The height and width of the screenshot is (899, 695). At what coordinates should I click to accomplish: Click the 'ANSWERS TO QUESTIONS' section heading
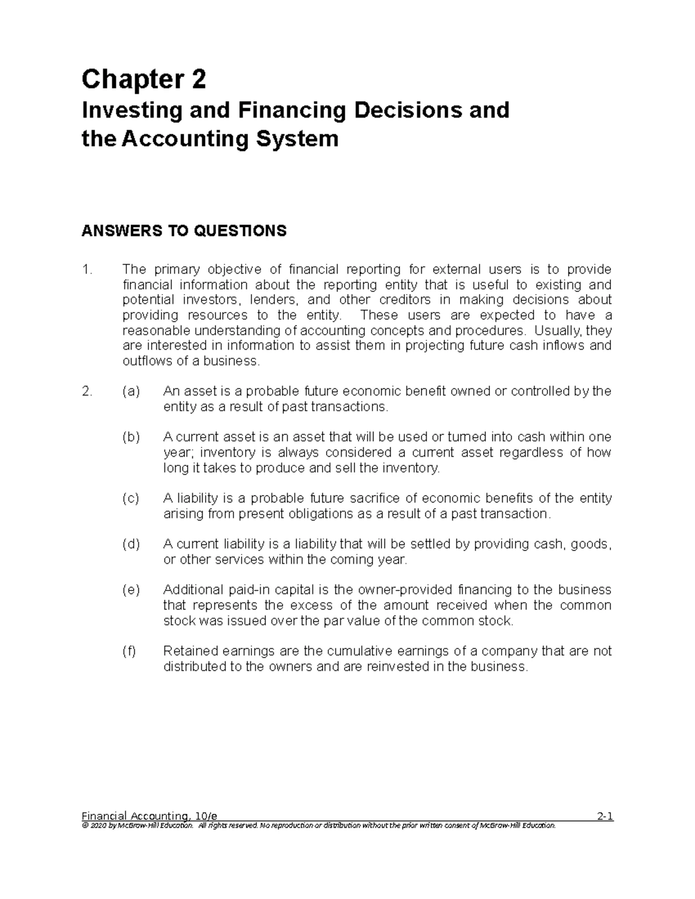[x=184, y=232]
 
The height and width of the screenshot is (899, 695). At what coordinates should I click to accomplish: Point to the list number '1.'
[x=87, y=270]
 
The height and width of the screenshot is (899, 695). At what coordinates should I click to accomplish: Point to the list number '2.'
[x=87, y=391]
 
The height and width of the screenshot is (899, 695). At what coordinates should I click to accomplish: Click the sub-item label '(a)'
[x=131, y=391]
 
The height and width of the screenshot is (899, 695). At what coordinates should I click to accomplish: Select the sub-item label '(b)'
[x=131, y=437]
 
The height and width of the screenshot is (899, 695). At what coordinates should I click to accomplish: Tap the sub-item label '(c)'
[x=131, y=498]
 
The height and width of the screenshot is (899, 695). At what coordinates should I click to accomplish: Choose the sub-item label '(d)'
[x=131, y=544]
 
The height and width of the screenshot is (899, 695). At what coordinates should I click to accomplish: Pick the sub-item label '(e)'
[x=131, y=590]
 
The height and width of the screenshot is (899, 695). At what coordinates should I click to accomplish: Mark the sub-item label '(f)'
[x=129, y=651]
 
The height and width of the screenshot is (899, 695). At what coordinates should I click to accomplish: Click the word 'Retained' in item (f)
[x=186, y=651]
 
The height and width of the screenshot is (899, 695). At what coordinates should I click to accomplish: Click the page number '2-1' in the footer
[x=605, y=817]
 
